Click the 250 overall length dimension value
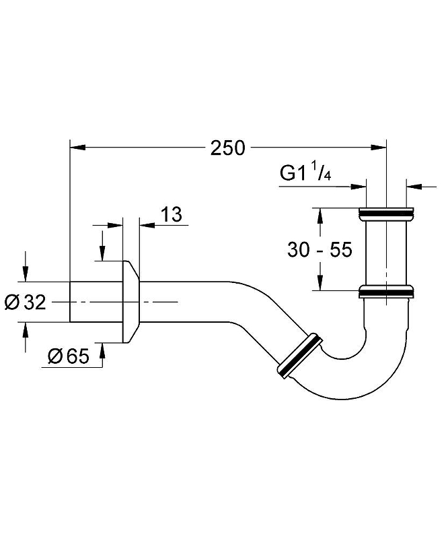pos(228,148)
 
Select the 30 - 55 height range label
pos(320,249)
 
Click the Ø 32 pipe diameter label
pos(25,303)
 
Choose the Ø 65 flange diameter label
pos(69,356)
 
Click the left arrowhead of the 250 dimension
pos(76,146)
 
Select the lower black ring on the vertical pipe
pos(386,292)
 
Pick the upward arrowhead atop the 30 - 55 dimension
pos(320,214)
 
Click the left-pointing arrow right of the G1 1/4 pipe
pos(413,183)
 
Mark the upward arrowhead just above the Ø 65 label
pos(102,346)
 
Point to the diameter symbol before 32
pos(11,303)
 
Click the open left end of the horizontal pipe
pos(72,302)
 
